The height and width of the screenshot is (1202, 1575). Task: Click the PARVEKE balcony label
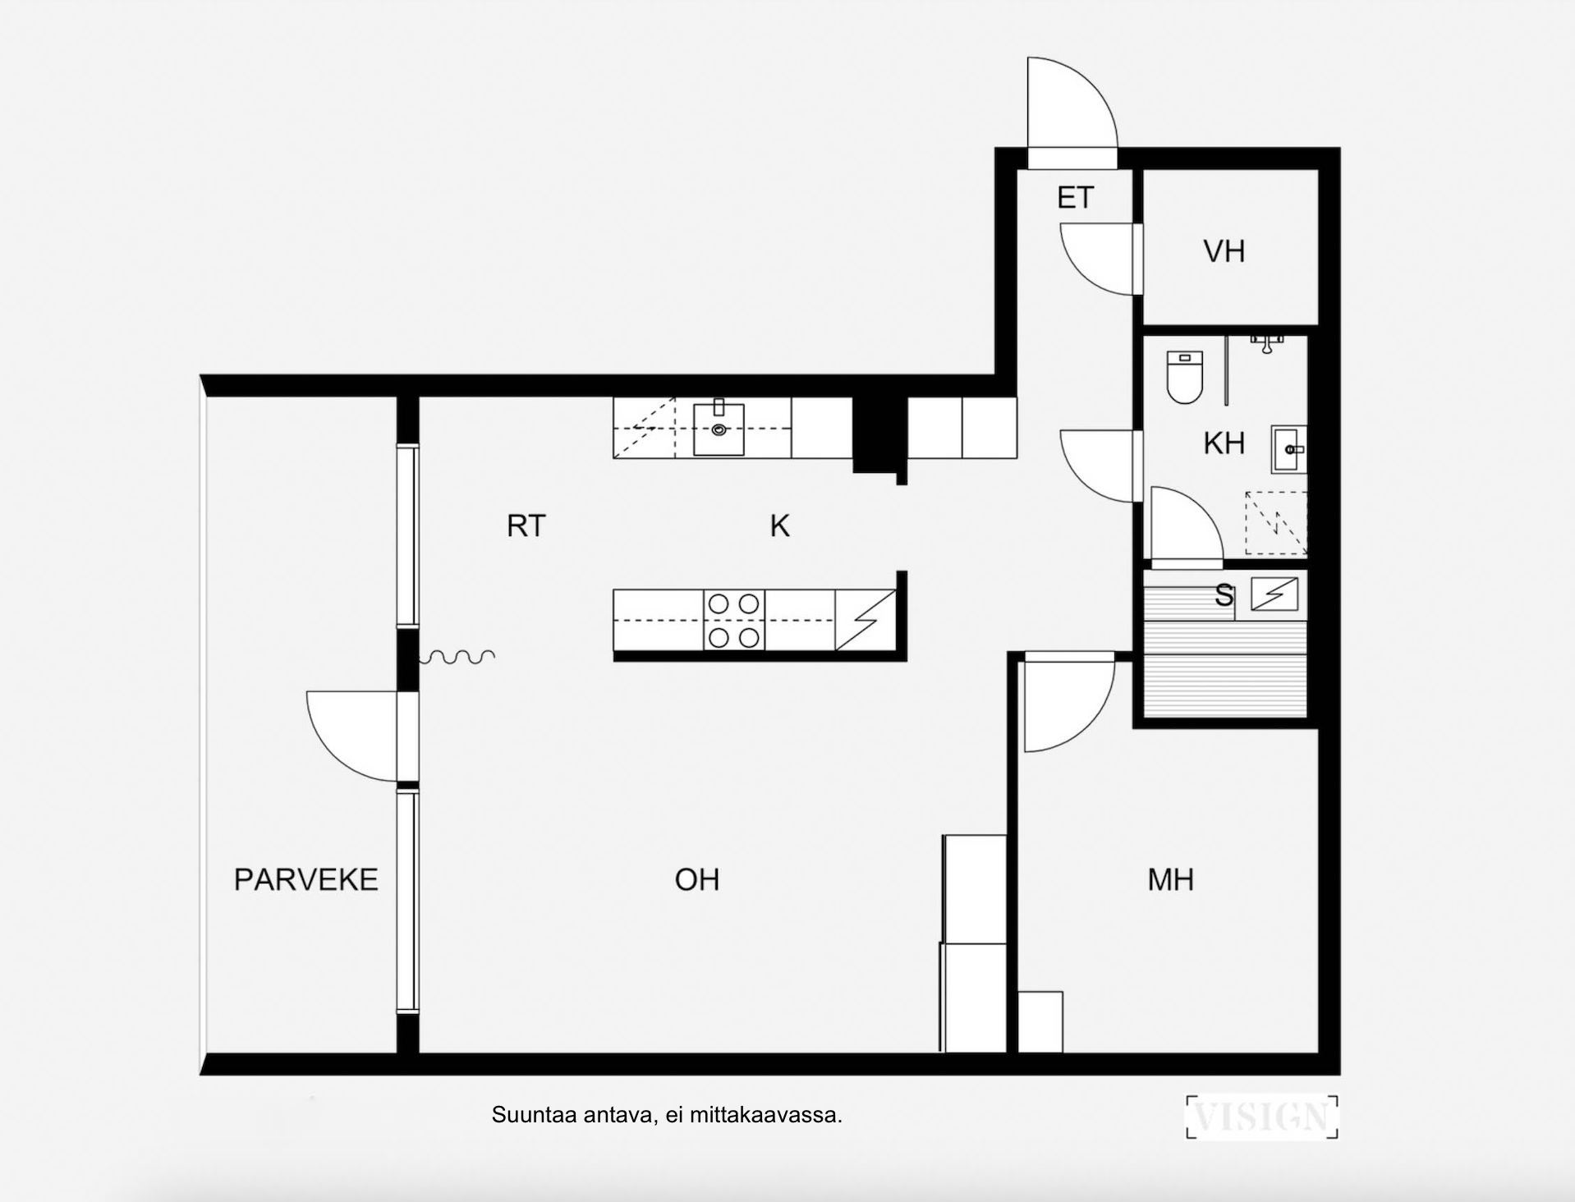(305, 879)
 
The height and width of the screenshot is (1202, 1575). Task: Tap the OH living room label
(697, 879)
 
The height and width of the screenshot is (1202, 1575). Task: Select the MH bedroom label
(1170, 879)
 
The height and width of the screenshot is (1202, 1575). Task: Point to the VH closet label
(1224, 251)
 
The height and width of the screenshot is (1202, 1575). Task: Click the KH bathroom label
(1224, 443)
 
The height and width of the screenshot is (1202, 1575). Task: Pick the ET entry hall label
(1075, 198)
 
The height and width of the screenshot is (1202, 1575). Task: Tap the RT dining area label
(526, 525)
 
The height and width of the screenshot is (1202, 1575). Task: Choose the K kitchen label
(779, 525)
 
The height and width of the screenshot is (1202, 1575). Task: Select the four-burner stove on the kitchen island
(733, 621)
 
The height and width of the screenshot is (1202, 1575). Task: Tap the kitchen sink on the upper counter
(719, 427)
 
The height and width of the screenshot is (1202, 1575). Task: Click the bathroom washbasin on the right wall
(1288, 449)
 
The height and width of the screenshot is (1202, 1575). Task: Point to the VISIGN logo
(1262, 1117)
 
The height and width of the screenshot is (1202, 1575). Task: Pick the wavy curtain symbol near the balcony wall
(457, 656)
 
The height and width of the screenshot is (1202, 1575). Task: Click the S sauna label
(1224, 595)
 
